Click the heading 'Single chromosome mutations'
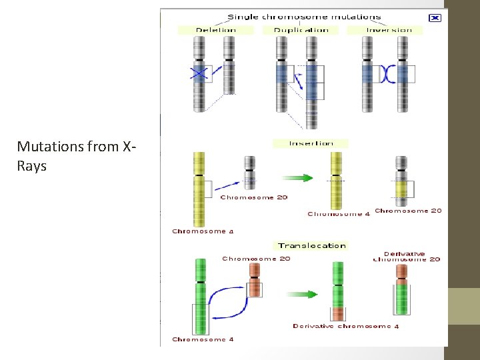[305, 17]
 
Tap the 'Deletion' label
[215, 30]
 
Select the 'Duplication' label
[301, 30]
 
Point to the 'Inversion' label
[389, 30]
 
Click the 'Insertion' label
[311, 143]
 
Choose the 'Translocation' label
[312, 245]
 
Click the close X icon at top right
[435, 18]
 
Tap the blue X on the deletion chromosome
[198, 73]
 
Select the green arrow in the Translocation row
[302, 293]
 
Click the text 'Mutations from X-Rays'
[77, 156]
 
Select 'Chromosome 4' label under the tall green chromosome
[203, 339]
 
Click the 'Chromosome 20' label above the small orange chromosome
[256, 259]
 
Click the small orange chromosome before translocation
[254, 281]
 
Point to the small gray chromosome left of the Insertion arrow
[249, 173]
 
